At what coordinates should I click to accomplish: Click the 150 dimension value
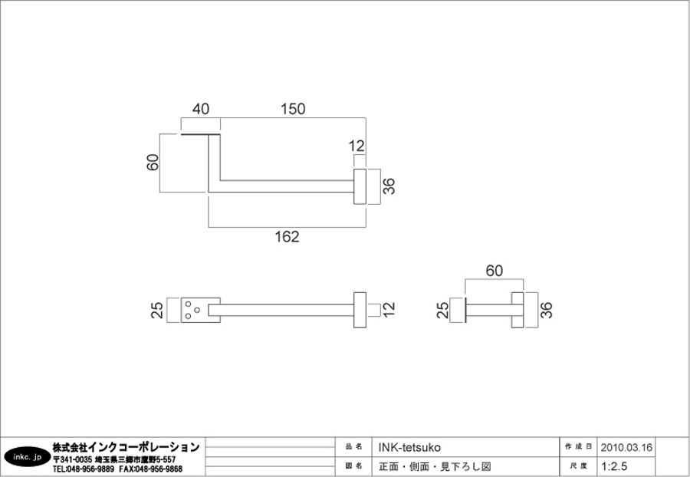293,109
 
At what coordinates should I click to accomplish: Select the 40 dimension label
201,109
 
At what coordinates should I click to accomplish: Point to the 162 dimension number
287,237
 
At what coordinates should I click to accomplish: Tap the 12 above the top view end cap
356,146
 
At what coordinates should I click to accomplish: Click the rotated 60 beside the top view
153,163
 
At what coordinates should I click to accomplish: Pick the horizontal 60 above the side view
495,271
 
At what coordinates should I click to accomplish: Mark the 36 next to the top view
389,186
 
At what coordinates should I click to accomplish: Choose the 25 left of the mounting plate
157,310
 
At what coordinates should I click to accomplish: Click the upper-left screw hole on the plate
189,304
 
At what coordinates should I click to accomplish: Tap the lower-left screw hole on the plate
189,316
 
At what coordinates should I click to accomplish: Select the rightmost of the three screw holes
197,310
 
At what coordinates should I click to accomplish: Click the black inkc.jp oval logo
28,458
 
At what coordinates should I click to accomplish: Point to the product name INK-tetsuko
409,448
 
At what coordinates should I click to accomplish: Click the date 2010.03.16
626,448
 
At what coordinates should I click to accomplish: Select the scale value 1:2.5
614,466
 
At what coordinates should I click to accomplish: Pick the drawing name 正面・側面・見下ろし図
435,466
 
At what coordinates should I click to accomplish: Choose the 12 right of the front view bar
389,310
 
